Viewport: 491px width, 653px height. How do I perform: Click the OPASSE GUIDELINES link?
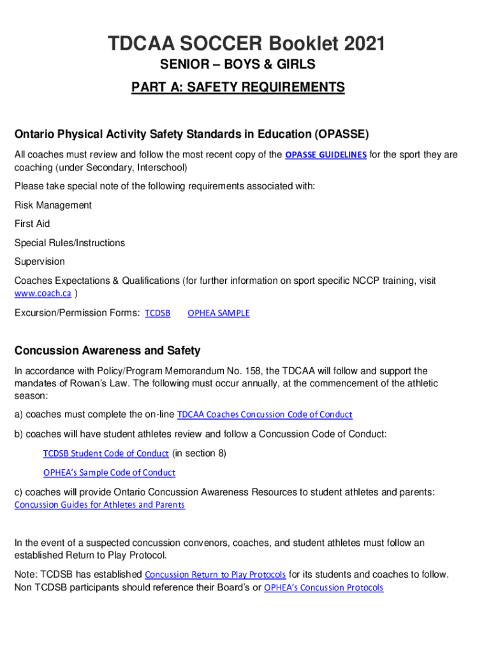325,155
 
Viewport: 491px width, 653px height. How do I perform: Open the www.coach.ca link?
42,293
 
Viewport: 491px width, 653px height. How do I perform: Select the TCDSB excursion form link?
158,313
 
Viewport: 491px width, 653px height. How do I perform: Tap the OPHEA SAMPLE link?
218,313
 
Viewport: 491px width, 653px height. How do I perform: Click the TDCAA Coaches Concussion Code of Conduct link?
264,415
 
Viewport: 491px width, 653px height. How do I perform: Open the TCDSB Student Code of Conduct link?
106,453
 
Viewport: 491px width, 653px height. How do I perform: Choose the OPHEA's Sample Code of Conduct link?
109,473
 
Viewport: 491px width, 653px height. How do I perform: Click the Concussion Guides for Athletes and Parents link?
99,505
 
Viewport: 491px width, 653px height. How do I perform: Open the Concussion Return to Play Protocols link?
216,575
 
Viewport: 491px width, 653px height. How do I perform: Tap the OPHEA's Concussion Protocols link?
323,588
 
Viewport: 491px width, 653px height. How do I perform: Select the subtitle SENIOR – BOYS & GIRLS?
237,65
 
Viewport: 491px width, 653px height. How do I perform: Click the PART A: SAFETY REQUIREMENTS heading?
238,87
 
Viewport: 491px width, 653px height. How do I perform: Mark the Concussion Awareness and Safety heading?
107,351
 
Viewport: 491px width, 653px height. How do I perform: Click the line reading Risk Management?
53,205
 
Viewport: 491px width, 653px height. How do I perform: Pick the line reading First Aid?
32,224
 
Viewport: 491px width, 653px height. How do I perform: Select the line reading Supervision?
40,261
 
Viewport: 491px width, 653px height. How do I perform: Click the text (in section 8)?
199,453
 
